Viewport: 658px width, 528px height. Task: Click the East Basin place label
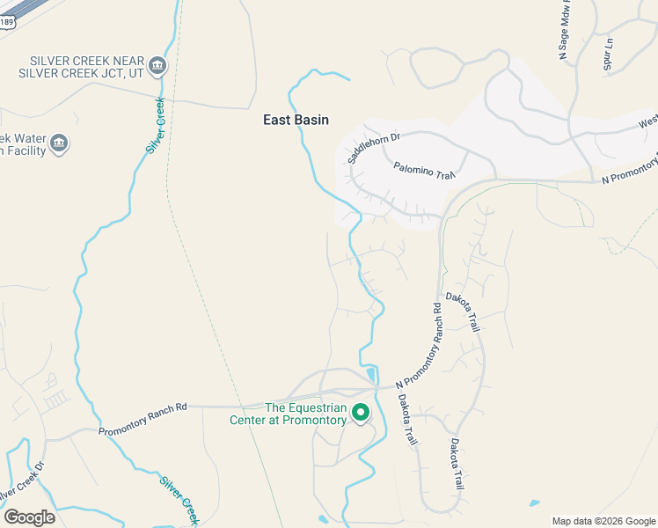click(296, 120)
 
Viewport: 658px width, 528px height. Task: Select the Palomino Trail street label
click(424, 169)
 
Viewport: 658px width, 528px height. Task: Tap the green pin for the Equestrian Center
click(361, 412)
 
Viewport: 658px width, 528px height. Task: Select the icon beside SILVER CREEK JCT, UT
click(157, 64)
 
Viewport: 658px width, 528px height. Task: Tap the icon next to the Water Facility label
click(59, 143)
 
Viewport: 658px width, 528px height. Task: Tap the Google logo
click(29, 517)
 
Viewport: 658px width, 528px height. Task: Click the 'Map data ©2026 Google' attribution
click(603, 521)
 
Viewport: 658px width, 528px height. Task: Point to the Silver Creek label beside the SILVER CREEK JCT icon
click(156, 125)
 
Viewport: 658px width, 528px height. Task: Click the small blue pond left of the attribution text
click(535, 503)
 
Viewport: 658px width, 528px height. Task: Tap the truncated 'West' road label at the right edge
click(647, 122)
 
